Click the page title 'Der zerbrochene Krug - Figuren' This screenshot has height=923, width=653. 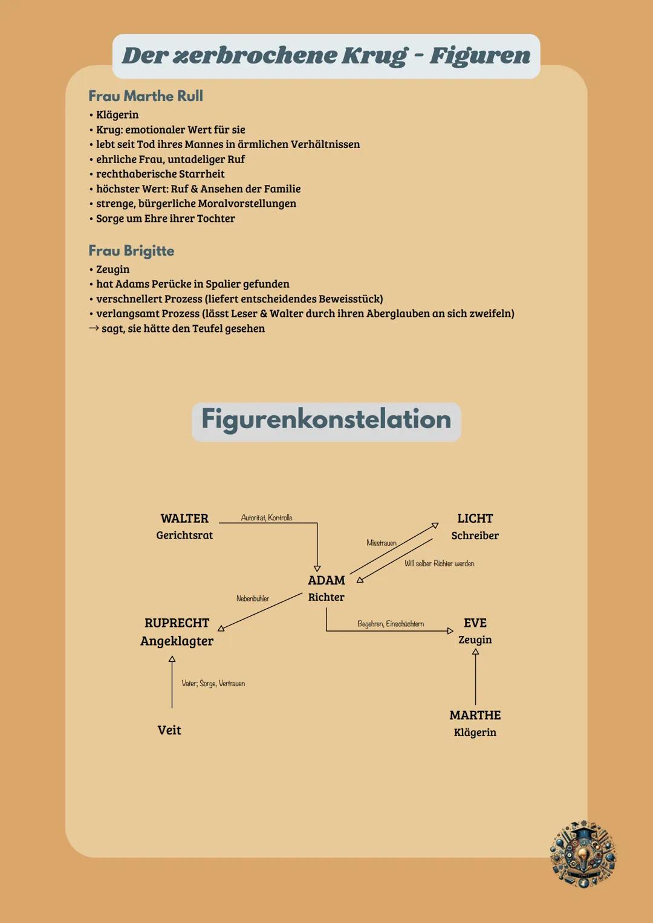(326, 56)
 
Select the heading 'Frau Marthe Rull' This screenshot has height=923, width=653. (146, 96)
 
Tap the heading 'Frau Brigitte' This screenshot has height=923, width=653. (131, 251)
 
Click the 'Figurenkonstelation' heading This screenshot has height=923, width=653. (326, 419)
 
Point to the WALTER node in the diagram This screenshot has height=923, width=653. (184, 519)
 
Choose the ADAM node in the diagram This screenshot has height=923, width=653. (326, 580)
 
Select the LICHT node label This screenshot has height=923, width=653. (475, 519)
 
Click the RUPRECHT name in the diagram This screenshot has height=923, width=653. (177, 623)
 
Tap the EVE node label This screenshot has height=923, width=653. (475, 623)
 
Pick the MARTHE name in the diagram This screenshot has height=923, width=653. (475, 716)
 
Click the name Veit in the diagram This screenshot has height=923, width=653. (169, 730)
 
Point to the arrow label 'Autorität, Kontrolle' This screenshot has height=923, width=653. (267, 518)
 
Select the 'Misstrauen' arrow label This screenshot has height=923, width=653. (382, 543)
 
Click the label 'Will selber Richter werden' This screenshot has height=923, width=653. (440, 563)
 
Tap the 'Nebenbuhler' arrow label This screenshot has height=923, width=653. (253, 598)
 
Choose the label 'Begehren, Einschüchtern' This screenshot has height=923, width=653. (391, 624)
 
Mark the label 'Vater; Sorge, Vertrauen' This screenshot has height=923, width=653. (213, 684)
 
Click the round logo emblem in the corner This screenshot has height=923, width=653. (583, 853)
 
